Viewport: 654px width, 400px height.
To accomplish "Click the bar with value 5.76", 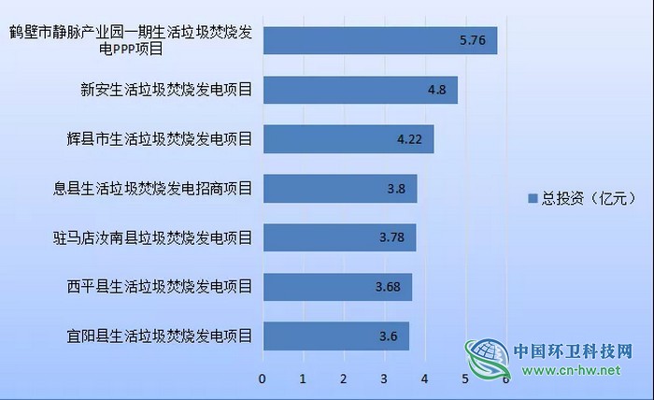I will coord(378,41).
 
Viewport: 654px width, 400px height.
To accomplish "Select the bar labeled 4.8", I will coord(360,91).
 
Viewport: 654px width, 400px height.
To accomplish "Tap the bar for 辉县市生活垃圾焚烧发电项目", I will coord(348,139).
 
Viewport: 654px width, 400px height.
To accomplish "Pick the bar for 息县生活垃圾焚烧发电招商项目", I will coord(339,189).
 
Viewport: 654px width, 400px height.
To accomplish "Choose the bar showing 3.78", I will coord(338,237).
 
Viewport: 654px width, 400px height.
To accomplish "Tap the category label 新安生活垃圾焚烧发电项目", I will coord(167,91).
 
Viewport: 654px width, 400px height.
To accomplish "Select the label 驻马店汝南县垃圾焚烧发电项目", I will coord(153,237).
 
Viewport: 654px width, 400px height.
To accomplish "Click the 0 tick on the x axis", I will coord(263,379).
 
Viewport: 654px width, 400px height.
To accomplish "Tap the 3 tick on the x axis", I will coord(384,379).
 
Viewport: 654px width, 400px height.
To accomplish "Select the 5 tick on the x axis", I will coord(465,379).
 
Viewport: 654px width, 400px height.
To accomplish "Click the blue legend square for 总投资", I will coord(533,198).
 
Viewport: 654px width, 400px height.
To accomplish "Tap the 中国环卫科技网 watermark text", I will coord(573,352).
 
